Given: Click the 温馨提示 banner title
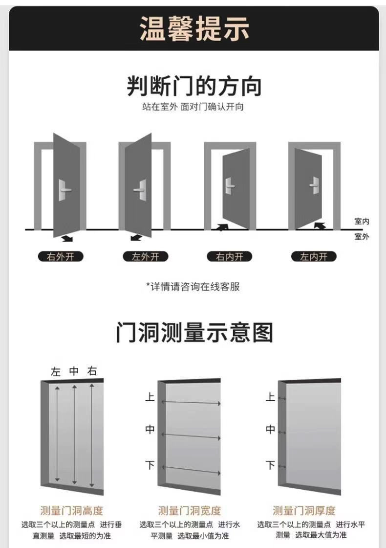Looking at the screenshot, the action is point(194,28).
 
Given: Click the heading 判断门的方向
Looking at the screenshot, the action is point(194,87).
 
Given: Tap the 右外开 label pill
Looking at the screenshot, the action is point(61,256).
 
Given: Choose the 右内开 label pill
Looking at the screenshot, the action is point(229,256).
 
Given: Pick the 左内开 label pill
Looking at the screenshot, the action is point(314,256).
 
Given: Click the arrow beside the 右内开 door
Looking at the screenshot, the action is point(223,227).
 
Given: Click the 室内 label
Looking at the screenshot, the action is point(362,222).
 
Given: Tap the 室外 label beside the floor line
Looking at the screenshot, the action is point(362,237).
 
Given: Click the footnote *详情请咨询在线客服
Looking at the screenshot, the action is point(193,287).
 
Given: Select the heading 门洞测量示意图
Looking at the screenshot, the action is point(194,332).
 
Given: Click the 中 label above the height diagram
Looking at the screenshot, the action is point(74,371).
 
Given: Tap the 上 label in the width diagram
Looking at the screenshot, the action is point(150,397).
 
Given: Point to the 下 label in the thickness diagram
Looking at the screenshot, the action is point(270,465).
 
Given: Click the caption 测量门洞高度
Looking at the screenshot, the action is point(71,511).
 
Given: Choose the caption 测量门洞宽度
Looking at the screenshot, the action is point(190,511).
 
